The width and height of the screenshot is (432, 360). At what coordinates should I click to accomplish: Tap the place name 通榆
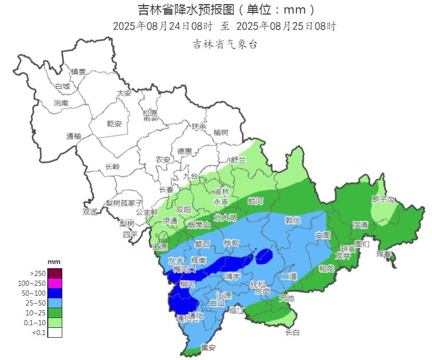74,136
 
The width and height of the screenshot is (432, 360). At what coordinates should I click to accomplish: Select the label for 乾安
114,123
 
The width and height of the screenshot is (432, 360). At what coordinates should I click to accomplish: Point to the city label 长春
166,190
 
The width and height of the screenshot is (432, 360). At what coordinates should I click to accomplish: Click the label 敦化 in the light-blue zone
293,220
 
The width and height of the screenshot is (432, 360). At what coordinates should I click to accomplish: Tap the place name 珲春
384,254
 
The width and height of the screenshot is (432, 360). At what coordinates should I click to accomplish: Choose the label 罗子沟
383,199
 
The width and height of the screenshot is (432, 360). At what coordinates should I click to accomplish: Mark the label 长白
292,333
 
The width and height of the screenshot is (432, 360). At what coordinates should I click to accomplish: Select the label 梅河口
184,270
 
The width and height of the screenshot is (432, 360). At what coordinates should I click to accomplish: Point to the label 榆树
221,132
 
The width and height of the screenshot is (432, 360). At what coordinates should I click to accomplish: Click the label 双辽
90,212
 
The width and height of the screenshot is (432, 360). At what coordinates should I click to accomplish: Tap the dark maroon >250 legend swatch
55,273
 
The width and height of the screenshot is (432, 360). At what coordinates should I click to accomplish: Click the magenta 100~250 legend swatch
55,283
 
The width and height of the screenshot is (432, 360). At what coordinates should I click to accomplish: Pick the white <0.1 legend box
55,333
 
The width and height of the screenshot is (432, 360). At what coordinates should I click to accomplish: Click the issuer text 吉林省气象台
225,45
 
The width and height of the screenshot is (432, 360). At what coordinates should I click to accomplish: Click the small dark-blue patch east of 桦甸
264,255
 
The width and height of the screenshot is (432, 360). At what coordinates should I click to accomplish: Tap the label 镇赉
78,72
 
